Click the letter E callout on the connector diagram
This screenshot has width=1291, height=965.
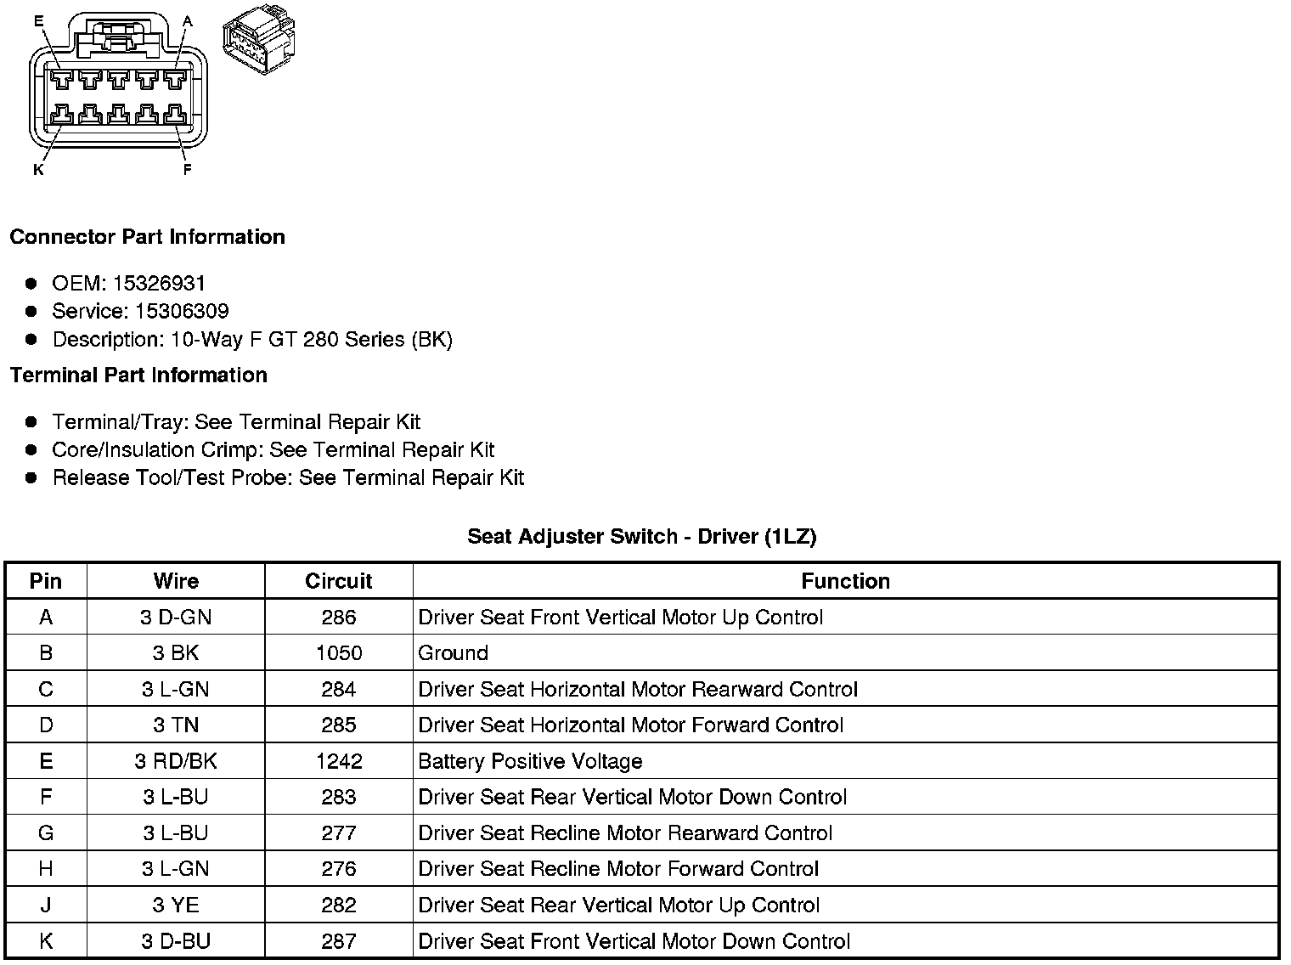coord(38,20)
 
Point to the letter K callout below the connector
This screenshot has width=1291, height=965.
coord(37,170)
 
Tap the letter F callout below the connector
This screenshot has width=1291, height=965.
coord(187,170)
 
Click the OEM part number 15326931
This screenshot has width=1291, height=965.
coord(159,283)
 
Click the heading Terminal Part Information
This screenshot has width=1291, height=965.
coord(138,375)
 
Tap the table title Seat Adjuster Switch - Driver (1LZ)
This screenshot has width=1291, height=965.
coord(641,536)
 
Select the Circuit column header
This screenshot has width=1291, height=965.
coord(338,581)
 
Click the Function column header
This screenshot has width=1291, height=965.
coord(845,581)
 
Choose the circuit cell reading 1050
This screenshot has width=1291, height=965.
coord(338,653)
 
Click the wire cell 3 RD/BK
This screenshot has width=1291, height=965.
coord(176,761)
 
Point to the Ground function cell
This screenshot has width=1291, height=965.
coord(454,653)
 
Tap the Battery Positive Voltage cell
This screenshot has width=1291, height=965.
coord(530,761)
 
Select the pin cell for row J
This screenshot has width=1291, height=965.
coord(46,905)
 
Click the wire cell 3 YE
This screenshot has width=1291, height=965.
coord(176,905)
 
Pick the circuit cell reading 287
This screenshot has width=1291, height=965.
coord(338,941)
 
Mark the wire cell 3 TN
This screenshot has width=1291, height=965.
coord(176,725)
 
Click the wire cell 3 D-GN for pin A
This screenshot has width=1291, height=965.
coord(176,618)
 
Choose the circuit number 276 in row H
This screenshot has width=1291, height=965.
coord(338,869)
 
